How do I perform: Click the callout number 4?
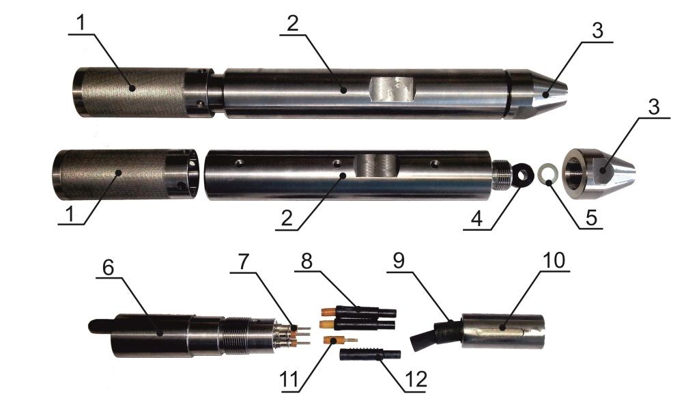coord(477,219)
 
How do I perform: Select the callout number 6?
coord(109,267)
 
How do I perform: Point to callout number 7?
coord(242,262)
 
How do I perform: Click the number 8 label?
coord(306,262)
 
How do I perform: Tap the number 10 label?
coord(554,260)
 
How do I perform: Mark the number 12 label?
coord(416,380)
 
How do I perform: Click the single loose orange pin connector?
coord(339,340)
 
